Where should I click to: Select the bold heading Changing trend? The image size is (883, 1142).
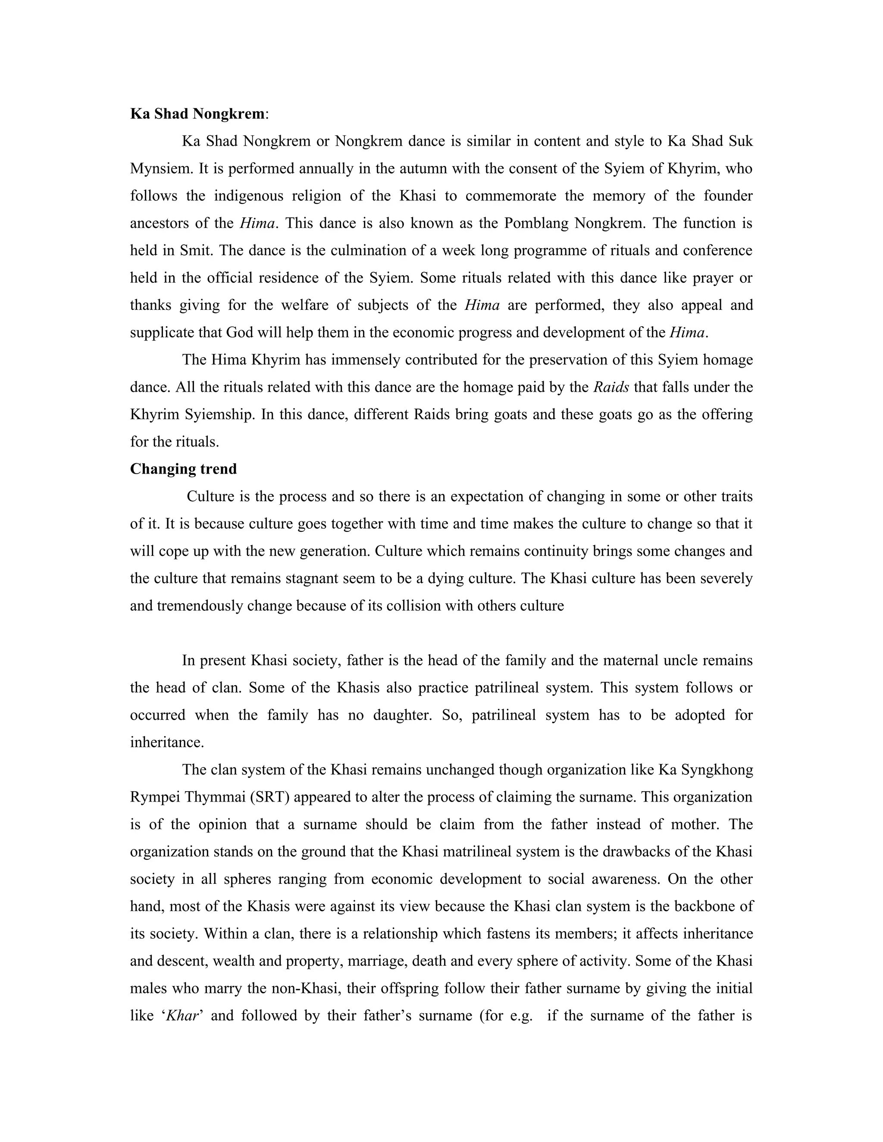click(183, 469)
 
